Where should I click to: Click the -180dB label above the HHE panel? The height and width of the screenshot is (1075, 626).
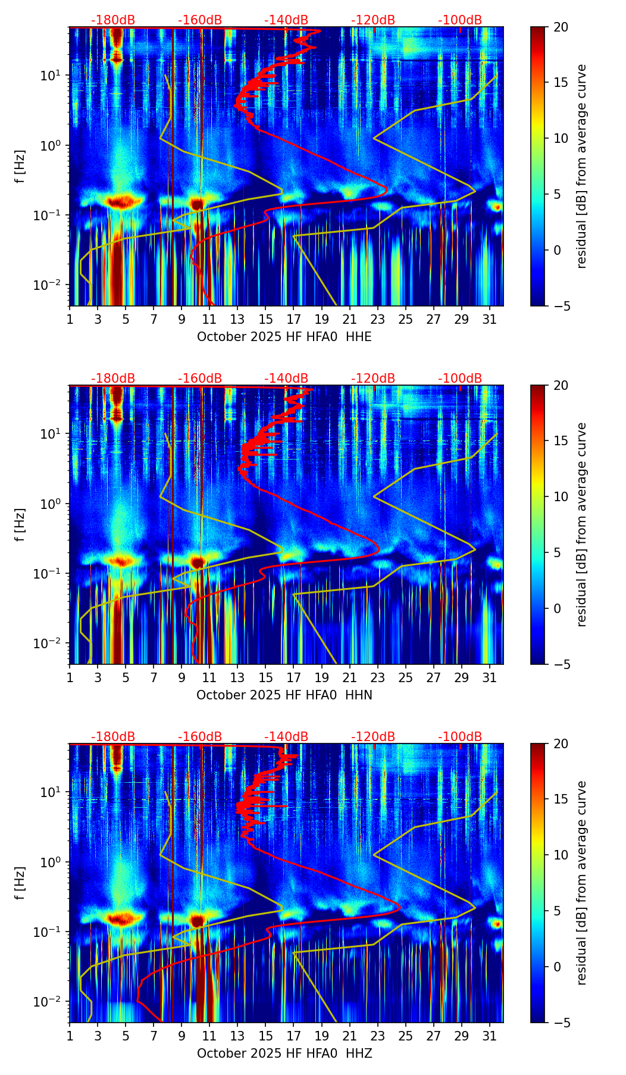113,20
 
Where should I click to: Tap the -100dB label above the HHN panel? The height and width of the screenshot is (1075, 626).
460,379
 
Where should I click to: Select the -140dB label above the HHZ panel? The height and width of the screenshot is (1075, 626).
286,737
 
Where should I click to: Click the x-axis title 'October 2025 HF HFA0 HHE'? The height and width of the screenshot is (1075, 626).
284,337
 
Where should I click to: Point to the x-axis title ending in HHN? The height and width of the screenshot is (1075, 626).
284,695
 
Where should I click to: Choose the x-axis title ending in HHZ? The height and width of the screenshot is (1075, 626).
284,1054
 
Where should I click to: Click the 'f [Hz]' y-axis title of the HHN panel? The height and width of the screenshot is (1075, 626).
20,524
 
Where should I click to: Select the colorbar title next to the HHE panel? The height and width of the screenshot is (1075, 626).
581,166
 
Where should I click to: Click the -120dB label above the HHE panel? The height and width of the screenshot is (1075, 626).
373,20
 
